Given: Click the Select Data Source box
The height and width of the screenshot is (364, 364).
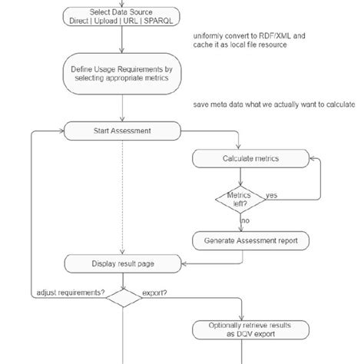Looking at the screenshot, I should [122, 17].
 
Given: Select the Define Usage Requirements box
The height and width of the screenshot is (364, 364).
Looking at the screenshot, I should [122, 74].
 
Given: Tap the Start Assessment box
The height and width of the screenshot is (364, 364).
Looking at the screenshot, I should [122, 131].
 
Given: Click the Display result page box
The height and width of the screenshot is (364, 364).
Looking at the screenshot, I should [122, 265].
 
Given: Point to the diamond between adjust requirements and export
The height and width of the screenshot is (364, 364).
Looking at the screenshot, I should [122, 298].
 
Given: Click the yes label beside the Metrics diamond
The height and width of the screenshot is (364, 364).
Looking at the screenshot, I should [271, 196].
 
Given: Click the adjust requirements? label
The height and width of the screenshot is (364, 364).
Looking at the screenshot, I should [69, 293].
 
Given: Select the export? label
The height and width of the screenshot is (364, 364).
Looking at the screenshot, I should [157, 293].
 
